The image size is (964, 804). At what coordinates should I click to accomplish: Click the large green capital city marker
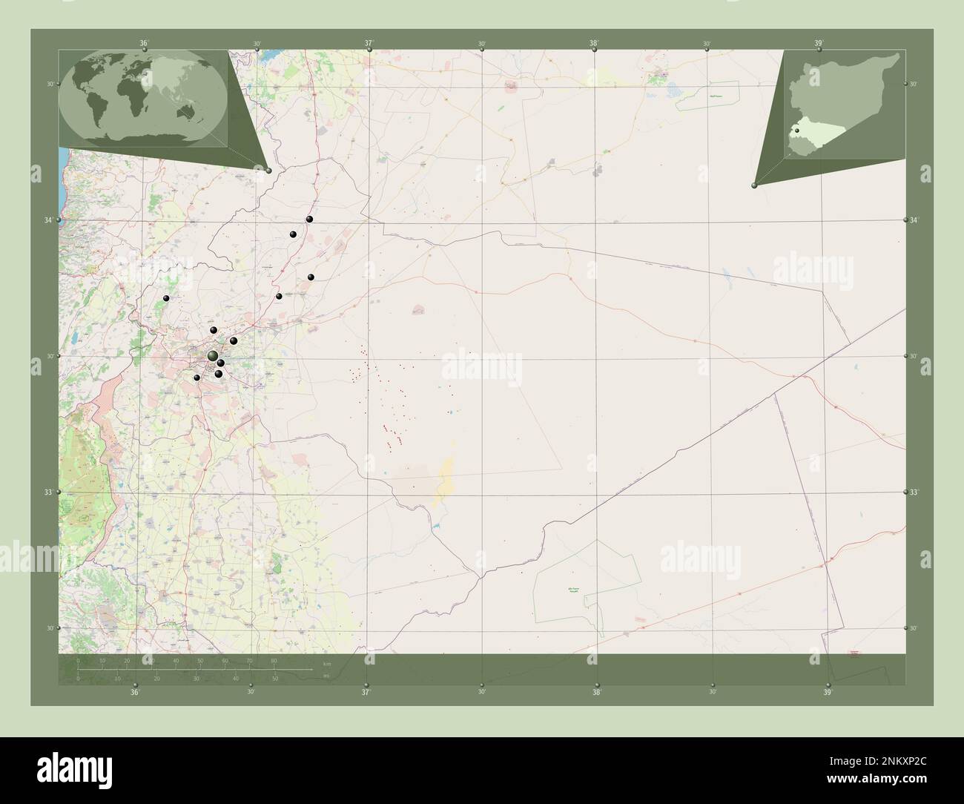[213, 356]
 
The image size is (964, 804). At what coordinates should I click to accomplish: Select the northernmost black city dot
[310, 219]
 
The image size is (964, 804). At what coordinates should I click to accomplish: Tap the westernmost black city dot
[167, 298]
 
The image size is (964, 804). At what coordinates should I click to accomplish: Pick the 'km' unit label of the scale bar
[327, 662]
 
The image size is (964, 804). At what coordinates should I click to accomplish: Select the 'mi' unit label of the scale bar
[327, 676]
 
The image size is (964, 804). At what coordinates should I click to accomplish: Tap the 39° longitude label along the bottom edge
[828, 692]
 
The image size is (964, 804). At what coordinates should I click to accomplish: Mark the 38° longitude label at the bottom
[597, 692]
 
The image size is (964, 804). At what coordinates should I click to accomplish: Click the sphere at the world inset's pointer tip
[268, 171]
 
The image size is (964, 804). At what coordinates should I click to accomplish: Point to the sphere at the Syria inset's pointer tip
[754, 185]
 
